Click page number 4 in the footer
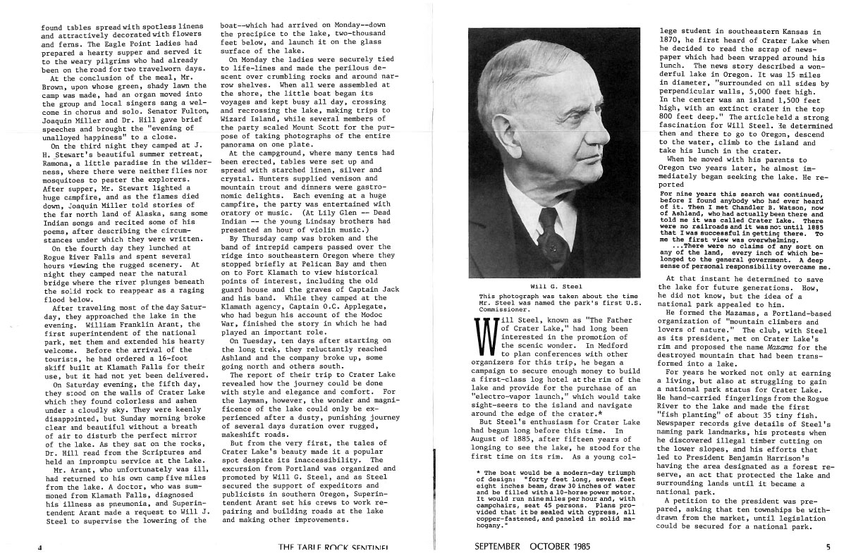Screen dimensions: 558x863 39,546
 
